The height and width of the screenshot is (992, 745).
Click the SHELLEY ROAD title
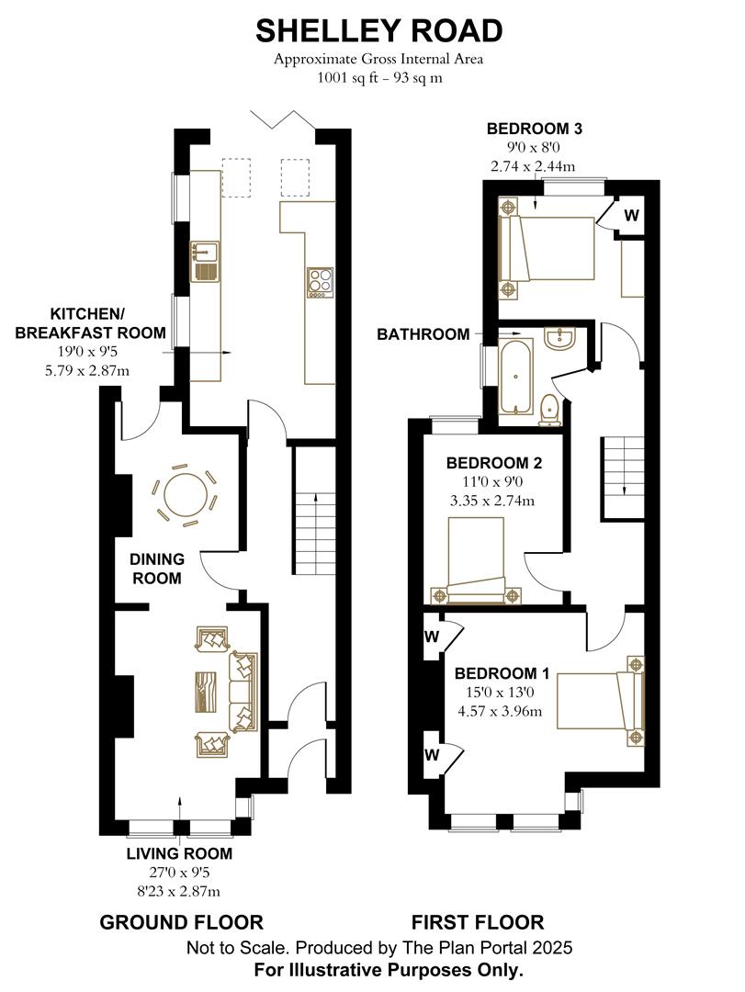[x=378, y=30]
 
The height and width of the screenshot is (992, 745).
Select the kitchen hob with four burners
[x=320, y=281]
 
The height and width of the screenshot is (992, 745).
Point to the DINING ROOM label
[x=156, y=569]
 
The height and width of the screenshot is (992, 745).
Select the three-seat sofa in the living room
[x=244, y=692]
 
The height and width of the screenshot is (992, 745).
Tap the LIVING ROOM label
[x=179, y=853]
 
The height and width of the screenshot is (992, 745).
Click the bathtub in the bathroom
[x=514, y=377]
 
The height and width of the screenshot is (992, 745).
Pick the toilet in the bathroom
[x=550, y=408]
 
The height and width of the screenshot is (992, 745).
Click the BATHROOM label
[x=423, y=334]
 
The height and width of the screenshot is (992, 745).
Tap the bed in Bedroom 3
[x=549, y=248]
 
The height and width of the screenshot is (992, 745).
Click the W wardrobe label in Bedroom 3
[x=632, y=216]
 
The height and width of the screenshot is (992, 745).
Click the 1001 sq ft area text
[x=378, y=77]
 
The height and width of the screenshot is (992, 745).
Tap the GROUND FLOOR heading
[x=181, y=922]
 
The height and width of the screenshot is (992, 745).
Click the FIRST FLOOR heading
[x=477, y=922]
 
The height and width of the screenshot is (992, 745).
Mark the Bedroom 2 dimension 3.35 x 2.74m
[x=492, y=501]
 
